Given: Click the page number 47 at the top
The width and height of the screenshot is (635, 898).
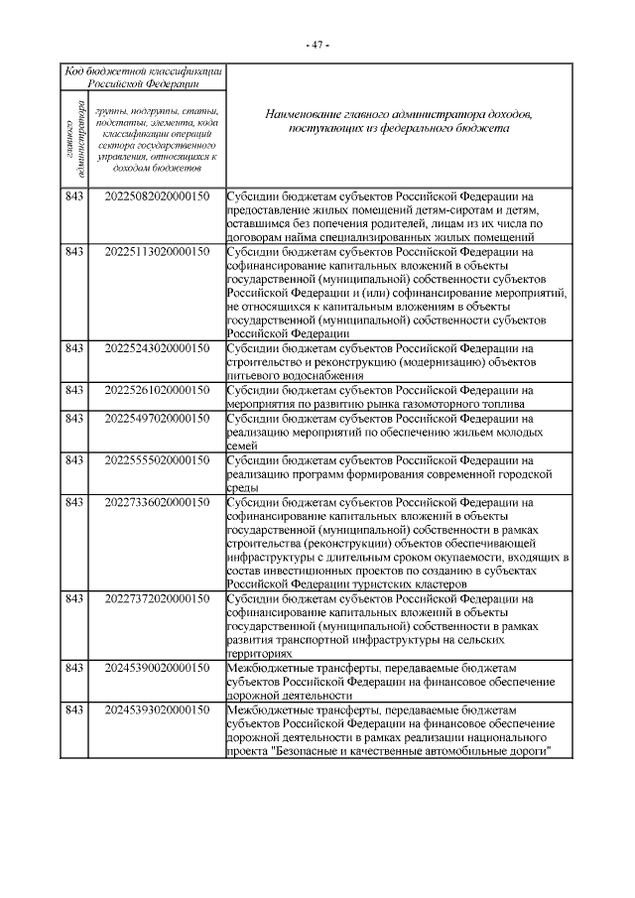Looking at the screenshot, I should click(x=317, y=45).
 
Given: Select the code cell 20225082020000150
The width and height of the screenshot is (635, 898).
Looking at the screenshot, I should click(x=157, y=196).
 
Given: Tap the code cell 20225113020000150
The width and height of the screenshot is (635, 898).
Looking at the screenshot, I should click(x=157, y=252).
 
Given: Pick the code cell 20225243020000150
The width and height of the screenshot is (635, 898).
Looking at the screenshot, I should click(x=157, y=348).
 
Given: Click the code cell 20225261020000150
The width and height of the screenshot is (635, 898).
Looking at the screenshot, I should click(x=157, y=391).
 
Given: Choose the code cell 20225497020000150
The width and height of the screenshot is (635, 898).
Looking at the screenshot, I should click(x=157, y=419).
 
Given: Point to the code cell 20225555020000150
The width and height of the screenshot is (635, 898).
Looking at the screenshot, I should click(x=157, y=460).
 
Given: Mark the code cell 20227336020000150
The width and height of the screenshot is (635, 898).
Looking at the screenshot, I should click(x=157, y=502).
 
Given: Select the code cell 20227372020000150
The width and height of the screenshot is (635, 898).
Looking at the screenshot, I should click(x=157, y=599).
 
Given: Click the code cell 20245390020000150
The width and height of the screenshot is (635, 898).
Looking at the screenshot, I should click(x=157, y=669).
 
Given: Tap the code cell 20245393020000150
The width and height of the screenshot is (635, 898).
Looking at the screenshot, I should click(x=157, y=710).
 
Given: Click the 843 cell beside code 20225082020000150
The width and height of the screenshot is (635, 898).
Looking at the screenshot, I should click(x=72, y=196).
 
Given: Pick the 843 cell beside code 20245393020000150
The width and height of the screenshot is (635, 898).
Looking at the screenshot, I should click(x=72, y=710).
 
